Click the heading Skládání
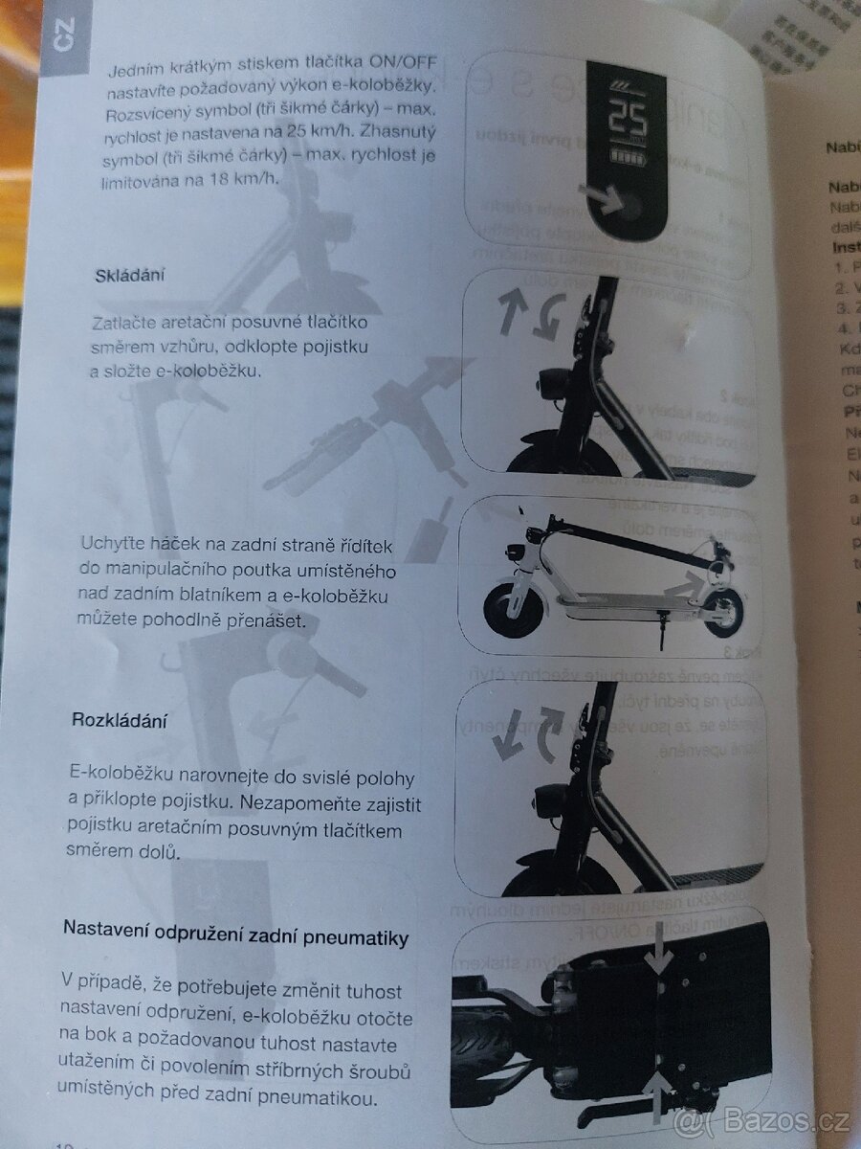[131, 276]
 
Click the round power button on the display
[632, 203]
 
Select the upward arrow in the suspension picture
[659, 1093]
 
